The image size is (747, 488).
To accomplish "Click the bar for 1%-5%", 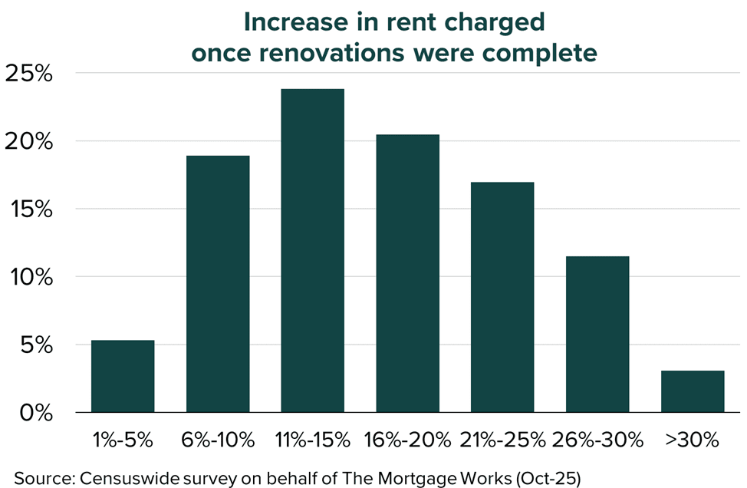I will (123, 376).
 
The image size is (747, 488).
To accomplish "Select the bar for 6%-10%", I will (218, 284).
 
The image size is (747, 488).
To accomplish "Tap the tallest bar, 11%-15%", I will (313, 251).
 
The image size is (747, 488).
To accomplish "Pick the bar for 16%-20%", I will (407, 274).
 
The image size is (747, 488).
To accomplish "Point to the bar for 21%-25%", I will (502, 298).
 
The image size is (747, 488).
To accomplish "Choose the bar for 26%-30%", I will (597, 335).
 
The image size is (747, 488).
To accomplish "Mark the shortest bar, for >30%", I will (693, 391).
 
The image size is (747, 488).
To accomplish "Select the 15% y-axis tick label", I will (29, 209).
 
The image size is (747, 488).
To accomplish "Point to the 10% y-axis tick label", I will (29, 277).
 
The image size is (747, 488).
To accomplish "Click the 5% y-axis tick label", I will (35, 345).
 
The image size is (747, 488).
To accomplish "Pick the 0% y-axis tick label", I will (35, 413).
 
